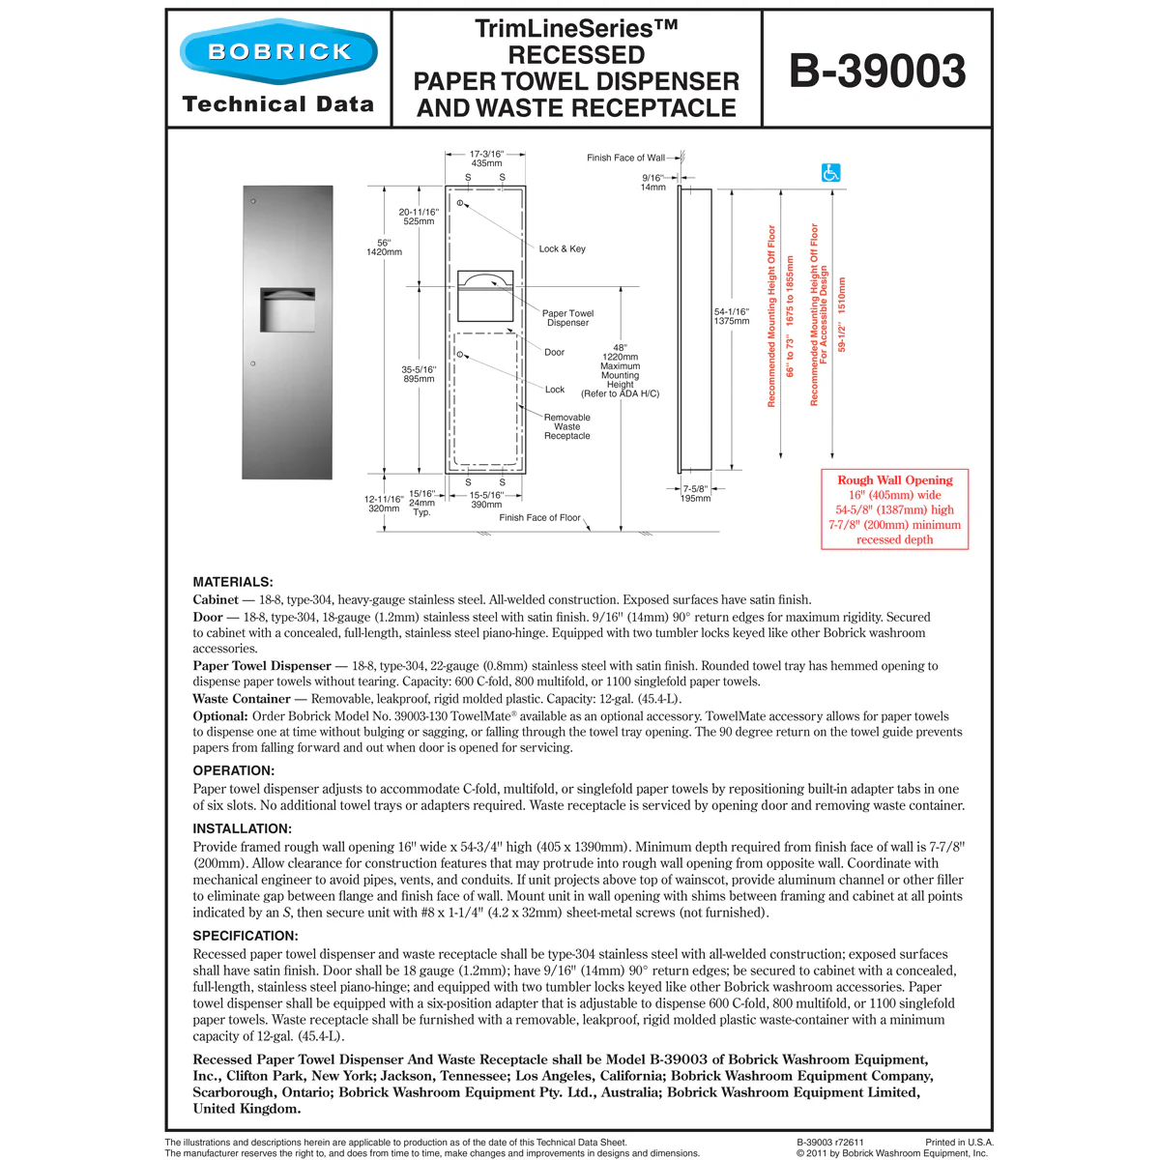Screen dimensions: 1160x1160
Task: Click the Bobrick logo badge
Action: (x=278, y=51)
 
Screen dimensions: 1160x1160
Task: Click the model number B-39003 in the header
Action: (x=877, y=71)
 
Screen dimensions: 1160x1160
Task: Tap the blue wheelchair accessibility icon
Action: (x=830, y=173)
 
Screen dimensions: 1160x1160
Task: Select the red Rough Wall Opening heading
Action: (x=894, y=480)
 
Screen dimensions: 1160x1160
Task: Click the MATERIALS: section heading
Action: (x=233, y=582)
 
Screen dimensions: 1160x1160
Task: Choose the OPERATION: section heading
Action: (x=234, y=770)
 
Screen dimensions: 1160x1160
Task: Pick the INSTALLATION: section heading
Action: (x=242, y=828)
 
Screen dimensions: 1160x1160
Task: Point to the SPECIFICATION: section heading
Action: (x=246, y=936)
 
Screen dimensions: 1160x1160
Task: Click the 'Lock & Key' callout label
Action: (x=562, y=249)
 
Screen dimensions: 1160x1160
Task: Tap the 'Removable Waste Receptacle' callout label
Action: (x=566, y=426)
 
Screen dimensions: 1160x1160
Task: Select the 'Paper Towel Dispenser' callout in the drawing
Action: (x=567, y=318)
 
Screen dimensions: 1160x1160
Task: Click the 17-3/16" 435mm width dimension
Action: (x=486, y=159)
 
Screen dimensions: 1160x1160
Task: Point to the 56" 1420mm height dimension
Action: (x=384, y=247)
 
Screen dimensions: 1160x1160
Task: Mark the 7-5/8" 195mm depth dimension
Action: (x=695, y=494)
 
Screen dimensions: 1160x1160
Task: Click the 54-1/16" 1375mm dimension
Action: (x=732, y=316)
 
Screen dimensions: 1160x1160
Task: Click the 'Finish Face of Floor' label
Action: (x=539, y=518)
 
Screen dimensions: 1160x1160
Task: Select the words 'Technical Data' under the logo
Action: (x=277, y=104)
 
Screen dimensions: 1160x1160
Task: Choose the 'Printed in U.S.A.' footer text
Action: (x=958, y=1142)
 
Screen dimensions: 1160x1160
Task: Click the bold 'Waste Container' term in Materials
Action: (x=242, y=699)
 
